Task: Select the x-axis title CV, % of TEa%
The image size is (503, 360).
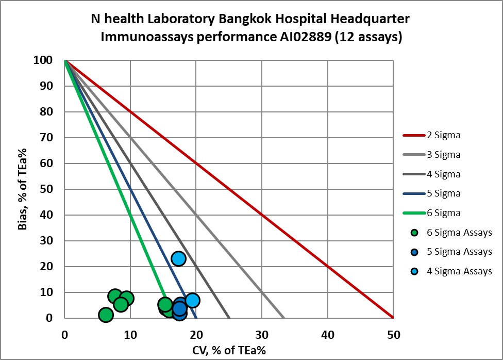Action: click(228, 350)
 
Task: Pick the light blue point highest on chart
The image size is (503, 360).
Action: click(178, 258)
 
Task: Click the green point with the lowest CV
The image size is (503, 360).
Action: click(105, 315)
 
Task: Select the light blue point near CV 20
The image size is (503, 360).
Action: click(192, 300)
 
